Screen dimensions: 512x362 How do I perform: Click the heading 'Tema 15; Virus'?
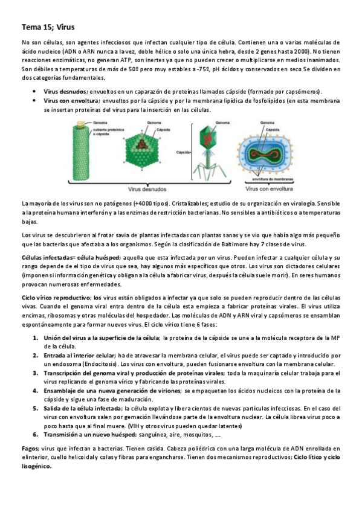(x=47, y=27)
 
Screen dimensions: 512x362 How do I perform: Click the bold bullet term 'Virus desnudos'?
(x=65, y=91)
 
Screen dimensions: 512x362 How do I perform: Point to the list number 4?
(x=36, y=391)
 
